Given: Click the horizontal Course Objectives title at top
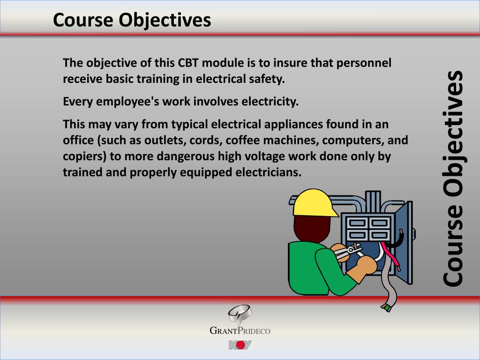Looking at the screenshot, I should (x=132, y=20).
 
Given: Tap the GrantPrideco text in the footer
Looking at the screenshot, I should (x=240, y=331).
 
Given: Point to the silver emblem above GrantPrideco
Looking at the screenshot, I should (x=240, y=313).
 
